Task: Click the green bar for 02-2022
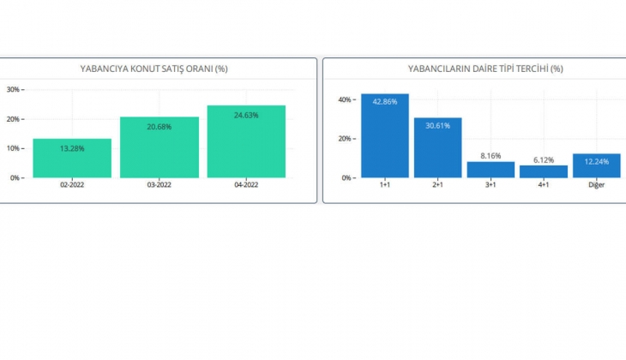coord(72,159)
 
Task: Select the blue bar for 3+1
coord(491,170)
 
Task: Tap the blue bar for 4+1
coord(544,171)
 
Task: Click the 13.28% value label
coord(72,148)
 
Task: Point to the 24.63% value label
coord(246,115)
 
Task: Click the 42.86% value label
coord(385,102)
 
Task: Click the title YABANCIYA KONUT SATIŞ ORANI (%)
coord(160,69)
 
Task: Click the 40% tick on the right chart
coord(346,99)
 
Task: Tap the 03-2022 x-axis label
coord(160,185)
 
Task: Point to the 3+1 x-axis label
coord(491,185)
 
